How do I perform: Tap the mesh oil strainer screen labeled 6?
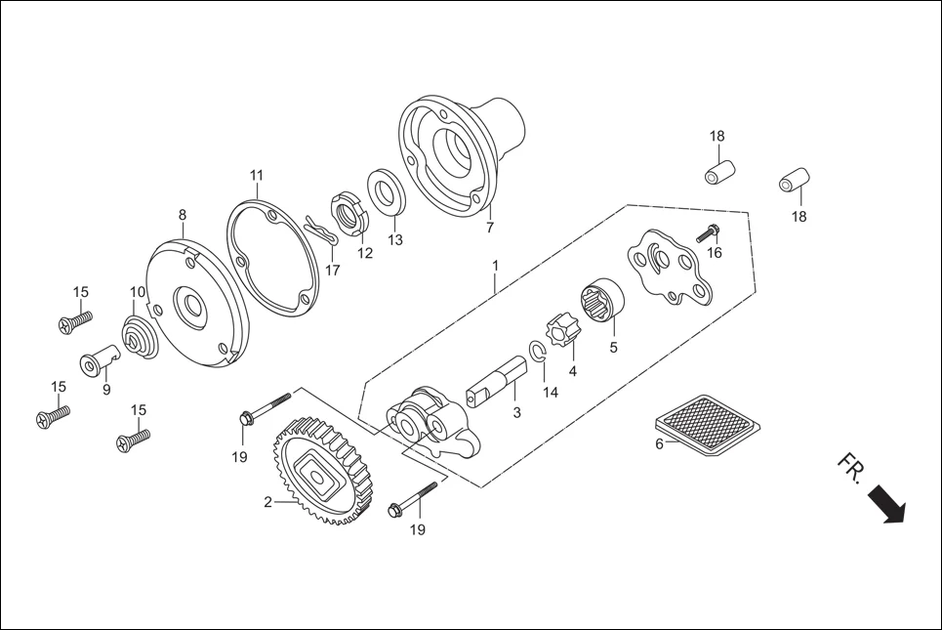coord(707,422)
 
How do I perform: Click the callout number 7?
coord(489,229)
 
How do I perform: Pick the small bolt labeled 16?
coord(706,233)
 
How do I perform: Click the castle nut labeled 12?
coord(348,213)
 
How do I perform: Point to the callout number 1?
coord(496,265)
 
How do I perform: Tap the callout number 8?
coord(182,215)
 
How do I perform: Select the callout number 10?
coord(138,292)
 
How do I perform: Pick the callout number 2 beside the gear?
coord(267,503)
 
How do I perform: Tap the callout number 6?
coord(659,444)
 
